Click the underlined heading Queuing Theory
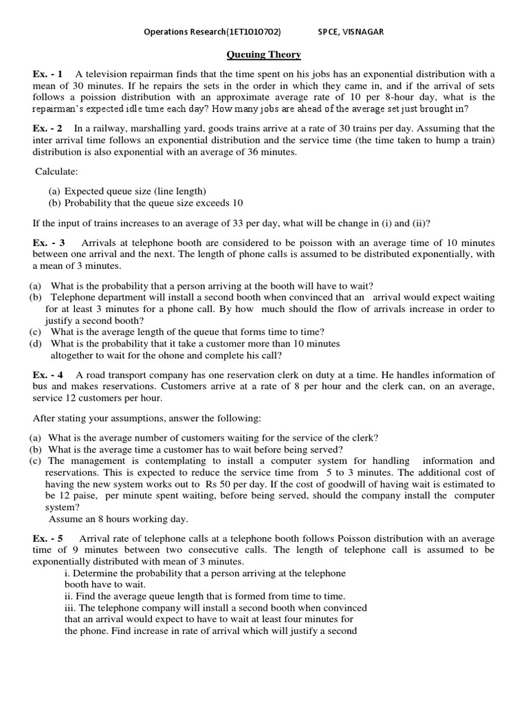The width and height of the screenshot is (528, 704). tap(264, 55)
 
